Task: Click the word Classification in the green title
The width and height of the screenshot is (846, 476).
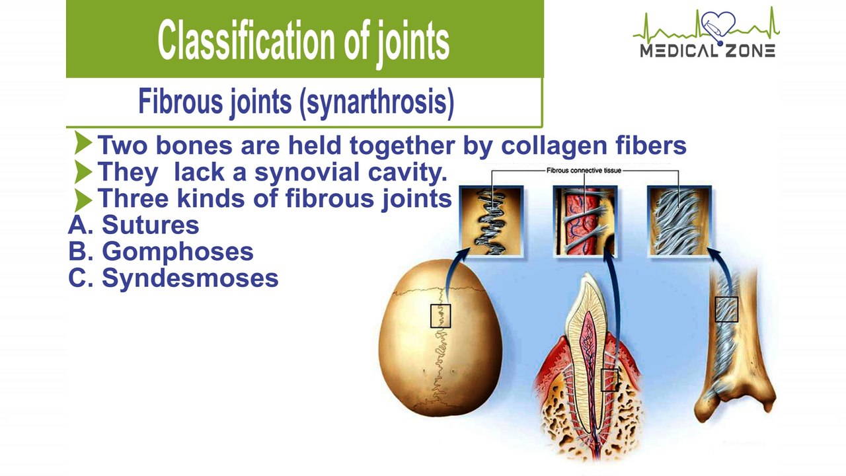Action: click(x=246, y=40)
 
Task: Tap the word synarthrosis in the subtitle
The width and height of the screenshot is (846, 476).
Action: click(x=377, y=101)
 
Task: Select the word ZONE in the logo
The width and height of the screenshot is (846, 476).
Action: click(x=750, y=51)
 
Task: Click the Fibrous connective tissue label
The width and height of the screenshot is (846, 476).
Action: click(x=584, y=171)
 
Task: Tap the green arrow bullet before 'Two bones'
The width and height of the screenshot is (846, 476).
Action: click(x=83, y=142)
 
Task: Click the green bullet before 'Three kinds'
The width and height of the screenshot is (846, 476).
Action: click(x=83, y=200)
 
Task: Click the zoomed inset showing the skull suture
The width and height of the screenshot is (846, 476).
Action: click(x=491, y=221)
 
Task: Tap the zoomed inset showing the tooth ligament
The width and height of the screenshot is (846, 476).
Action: click(x=585, y=221)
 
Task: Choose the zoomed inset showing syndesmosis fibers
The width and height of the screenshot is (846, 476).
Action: click(x=679, y=221)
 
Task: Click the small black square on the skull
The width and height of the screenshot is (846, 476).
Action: click(x=440, y=305)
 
